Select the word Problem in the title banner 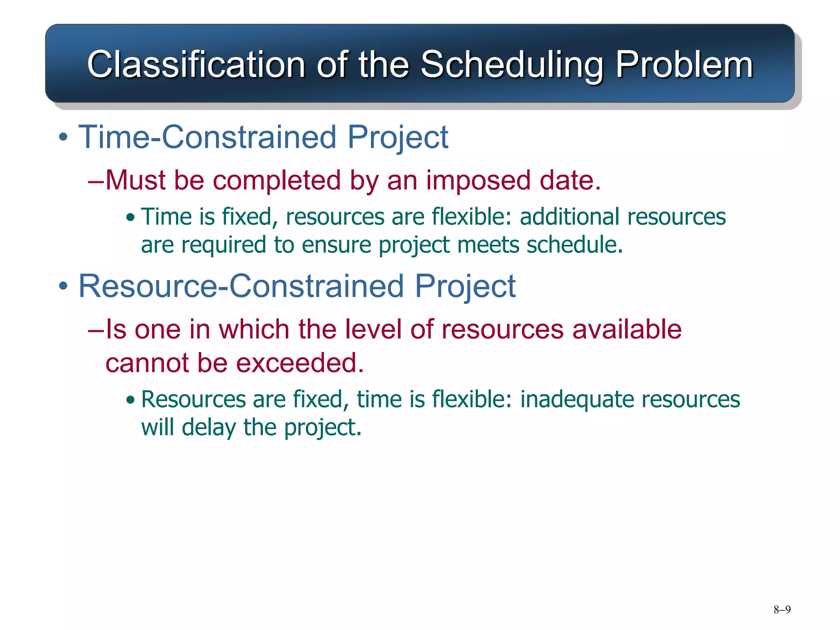click(684, 64)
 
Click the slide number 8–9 click(782, 609)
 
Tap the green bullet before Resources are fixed click(130, 400)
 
